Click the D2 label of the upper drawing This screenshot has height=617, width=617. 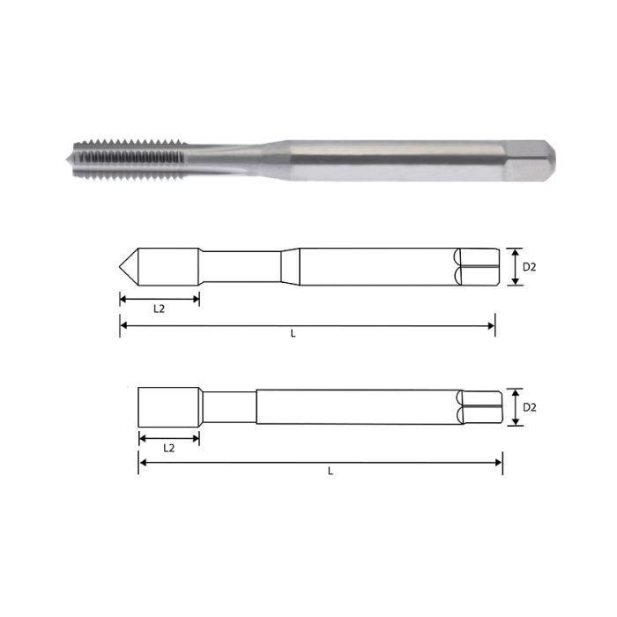(530, 266)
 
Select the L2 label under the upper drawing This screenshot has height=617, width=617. (160, 310)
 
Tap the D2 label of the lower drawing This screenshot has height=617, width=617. (530, 407)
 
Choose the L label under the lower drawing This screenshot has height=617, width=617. (330, 472)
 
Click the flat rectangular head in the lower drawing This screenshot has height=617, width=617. (168, 406)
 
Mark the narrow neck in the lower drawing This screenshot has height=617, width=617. (227, 407)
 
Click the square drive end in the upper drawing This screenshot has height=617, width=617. (476, 266)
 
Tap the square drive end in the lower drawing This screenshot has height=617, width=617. (481, 407)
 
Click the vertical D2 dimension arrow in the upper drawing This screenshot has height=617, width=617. (515, 266)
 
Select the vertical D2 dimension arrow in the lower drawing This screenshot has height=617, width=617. (515, 407)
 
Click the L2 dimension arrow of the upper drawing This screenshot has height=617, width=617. (160, 299)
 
